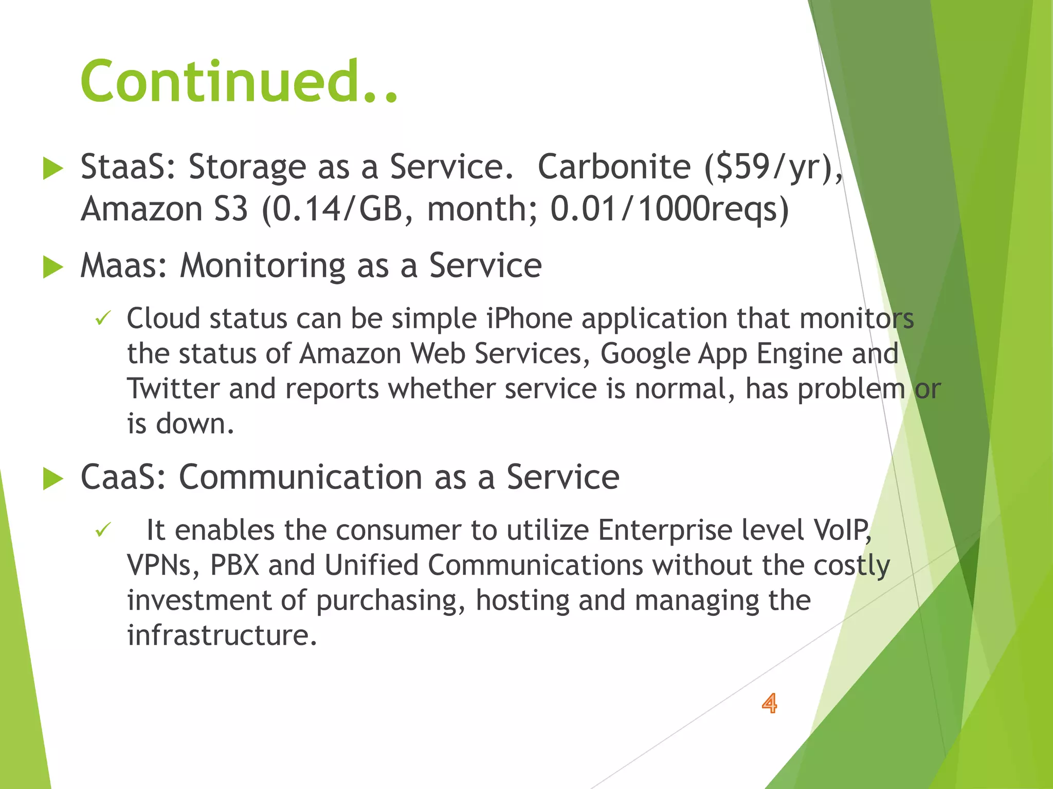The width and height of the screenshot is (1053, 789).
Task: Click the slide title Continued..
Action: tap(239, 82)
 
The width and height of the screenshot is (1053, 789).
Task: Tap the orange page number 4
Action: tap(769, 703)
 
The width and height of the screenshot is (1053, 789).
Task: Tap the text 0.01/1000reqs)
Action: tap(669, 210)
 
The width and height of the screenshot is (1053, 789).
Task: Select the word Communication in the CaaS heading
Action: tap(301, 477)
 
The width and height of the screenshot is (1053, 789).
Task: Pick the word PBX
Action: tap(234, 565)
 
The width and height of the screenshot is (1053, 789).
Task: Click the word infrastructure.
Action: tap(222, 635)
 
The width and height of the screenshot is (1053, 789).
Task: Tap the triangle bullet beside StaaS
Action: tap(53, 168)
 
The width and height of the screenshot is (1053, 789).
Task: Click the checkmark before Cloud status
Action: tap(103, 319)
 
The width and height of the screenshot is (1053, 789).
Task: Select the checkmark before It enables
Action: tap(103, 530)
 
